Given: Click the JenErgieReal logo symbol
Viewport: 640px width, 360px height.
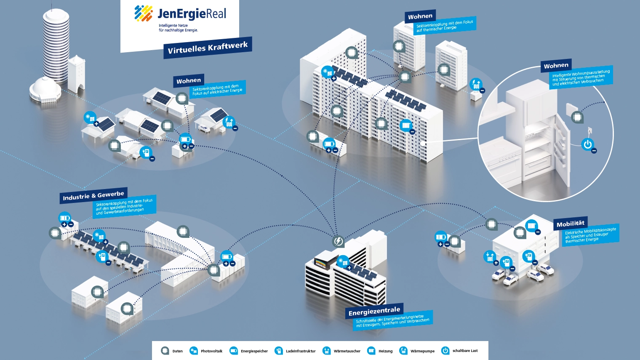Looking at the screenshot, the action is [x=144, y=13].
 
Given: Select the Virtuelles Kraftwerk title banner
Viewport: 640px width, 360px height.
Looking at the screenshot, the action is [x=208, y=48].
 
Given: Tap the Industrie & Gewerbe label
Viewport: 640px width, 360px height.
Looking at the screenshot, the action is [x=93, y=195].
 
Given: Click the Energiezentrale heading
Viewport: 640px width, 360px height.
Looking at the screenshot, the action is [x=374, y=311].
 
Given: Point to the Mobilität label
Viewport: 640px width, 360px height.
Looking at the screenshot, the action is [x=571, y=224].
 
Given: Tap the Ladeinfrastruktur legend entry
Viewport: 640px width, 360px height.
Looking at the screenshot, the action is [x=295, y=351].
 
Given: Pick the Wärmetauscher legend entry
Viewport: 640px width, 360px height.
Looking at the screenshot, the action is [x=341, y=351].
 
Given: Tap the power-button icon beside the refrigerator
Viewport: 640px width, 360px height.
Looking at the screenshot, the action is [x=588, y=144].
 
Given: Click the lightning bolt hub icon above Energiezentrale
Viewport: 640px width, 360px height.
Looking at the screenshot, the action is [x=338, y=241].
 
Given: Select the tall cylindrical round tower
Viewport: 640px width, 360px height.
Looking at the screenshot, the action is [x=56, y=46].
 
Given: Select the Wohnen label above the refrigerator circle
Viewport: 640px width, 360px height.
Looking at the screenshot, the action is [x=556, y=66].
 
